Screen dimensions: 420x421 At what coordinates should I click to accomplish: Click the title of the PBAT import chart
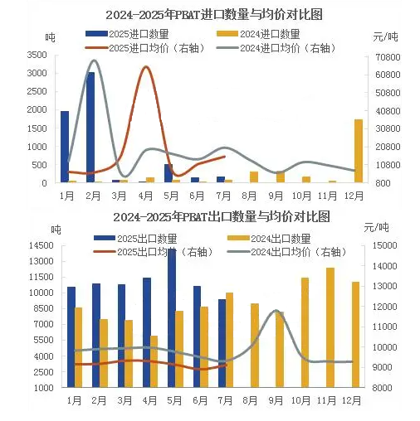(x=214, y=15)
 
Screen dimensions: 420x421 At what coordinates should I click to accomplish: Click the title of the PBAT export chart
(x=222, y=217)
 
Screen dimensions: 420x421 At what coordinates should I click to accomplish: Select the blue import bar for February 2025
(x=90, y=128)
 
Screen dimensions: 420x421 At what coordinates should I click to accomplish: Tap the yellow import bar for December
(x=359, y=151)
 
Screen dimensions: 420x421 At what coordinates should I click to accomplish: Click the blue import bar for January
(x=65, y=147)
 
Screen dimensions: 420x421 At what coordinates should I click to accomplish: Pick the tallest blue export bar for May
(x=172, y=317)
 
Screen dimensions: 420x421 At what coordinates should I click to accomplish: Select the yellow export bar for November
(x=330, y=327)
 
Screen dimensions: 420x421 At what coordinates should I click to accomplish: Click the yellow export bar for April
(x=154, y=361)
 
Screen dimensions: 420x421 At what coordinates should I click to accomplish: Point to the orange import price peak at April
(x=146, y=67)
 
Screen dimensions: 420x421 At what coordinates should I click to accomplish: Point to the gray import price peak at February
(x=94, y=60)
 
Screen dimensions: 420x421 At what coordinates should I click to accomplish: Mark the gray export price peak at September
(x=276, y=311)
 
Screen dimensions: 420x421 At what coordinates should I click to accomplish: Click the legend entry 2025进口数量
(x=127, y=34)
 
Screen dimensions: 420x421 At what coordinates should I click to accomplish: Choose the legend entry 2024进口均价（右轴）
(x=277, y=48)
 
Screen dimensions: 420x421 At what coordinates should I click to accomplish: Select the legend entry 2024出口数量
(x=269, y=239)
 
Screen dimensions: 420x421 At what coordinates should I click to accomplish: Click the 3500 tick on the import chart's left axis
(x=37, y=55)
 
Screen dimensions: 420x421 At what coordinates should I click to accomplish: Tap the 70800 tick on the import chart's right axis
(x=388, y=57)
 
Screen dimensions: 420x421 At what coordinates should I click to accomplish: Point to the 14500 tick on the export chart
(x=42, y=245)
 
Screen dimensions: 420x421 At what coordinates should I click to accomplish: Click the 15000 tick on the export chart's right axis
(x=385, y=245)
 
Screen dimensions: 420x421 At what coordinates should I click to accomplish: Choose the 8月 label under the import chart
(x=249, y=196)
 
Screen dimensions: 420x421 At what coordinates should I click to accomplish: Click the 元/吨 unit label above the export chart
(x=377, y=228)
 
